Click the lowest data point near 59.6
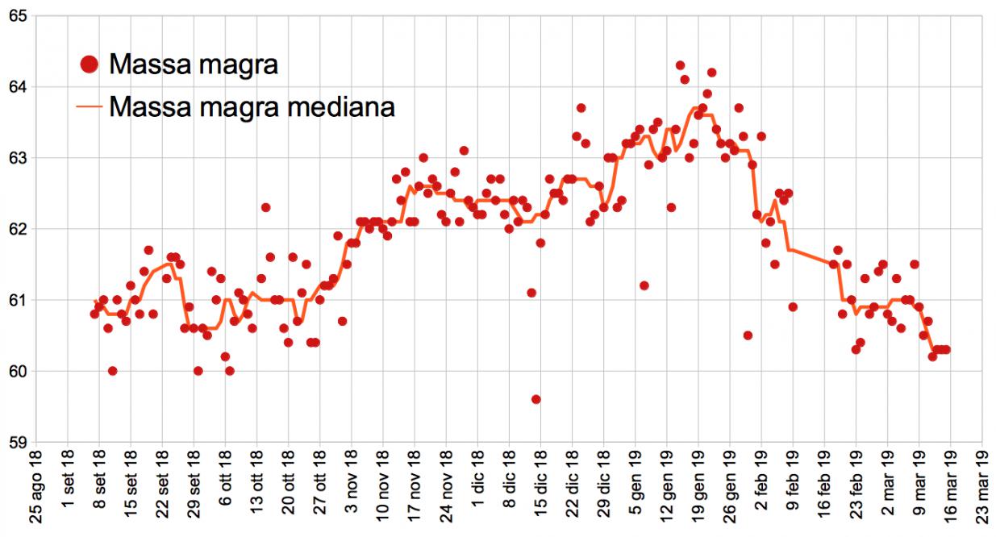(x=536, y=399)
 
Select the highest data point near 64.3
(x=680, y=65)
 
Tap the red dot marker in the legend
(x=90, y=64)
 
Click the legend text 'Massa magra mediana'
(x=252, y=106)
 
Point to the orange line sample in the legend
(x=90, y=106)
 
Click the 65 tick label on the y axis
(x=17, y=16)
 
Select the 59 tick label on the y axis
(x=17, y=442)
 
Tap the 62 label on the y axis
(x=17, y=229)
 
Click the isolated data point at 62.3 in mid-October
(x=265, y=207)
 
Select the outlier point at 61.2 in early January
(x=644, y=285)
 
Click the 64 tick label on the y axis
(x=17, y=87)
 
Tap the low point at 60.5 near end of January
(x=748, y=335)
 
